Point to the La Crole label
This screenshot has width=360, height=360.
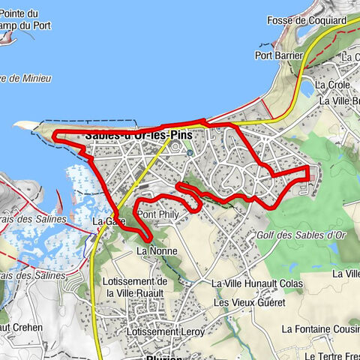(334, 85)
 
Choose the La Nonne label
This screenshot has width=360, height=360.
(155, 250)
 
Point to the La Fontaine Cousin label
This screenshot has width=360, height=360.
(320, 328)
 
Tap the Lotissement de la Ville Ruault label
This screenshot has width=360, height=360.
(136, 286)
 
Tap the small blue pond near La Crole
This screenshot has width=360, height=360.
(306, 88)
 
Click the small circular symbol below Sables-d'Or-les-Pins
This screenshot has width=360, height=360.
(190, 152)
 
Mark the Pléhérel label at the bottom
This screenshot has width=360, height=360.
(164, 357)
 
